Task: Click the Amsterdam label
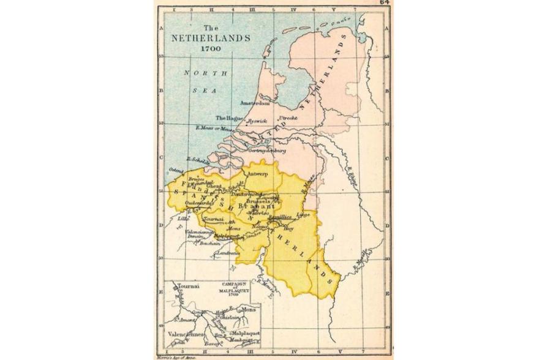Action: point(255,102)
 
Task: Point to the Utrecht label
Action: point(288,117)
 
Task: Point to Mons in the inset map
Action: point(248,310)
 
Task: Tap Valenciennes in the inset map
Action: point(187,336)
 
